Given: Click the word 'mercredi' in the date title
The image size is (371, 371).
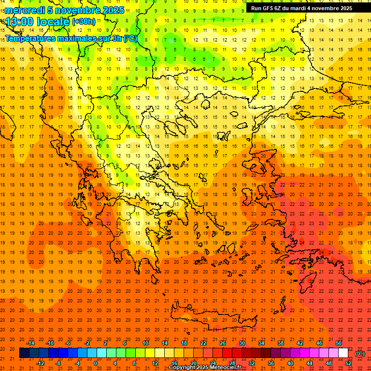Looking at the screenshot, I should click(25, 10).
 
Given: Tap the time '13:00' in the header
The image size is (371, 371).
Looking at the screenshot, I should click(19, 21).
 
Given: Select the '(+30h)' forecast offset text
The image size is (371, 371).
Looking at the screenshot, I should click(84, 22).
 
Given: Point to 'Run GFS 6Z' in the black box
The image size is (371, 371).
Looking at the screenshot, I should click(267, 8).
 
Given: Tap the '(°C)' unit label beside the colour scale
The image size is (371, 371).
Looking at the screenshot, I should click(360, 354).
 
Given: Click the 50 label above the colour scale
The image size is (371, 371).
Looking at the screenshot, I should click(339, 343).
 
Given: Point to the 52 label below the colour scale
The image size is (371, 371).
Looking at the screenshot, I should click(348, 363).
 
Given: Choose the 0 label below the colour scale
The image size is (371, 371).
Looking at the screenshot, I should click(95, 363).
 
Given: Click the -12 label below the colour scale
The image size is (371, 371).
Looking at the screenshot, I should click(40, 363).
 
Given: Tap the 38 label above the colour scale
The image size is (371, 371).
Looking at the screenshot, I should click(281, 343).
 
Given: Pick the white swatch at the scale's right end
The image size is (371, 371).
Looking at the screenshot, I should click(343, 353).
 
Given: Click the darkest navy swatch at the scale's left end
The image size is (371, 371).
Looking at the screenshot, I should click(24, 353).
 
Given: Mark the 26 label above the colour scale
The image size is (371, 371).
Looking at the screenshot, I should click(223, 343).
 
